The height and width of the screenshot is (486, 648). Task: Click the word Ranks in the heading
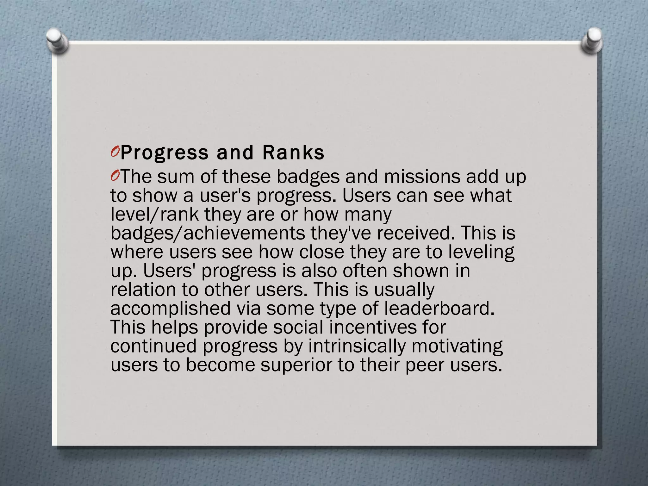click(x=293, y=153)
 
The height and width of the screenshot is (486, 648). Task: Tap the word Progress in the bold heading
click(x=165, y=153)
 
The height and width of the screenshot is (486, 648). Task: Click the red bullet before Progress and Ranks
click(x=115, y=153)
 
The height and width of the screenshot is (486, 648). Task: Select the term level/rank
click(x=155, y=214)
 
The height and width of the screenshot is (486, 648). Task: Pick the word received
click(x=413, y=233)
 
